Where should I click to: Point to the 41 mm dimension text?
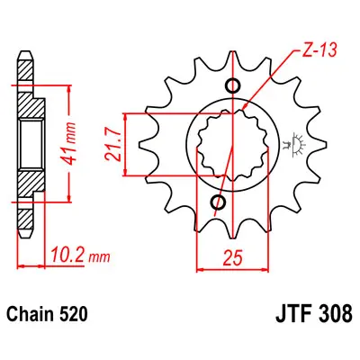[x=69, y=144]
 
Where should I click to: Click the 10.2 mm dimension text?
[x=80, y=256]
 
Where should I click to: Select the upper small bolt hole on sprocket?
[x=232, y=86]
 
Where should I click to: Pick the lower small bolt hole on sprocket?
[x=218, y=202]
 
